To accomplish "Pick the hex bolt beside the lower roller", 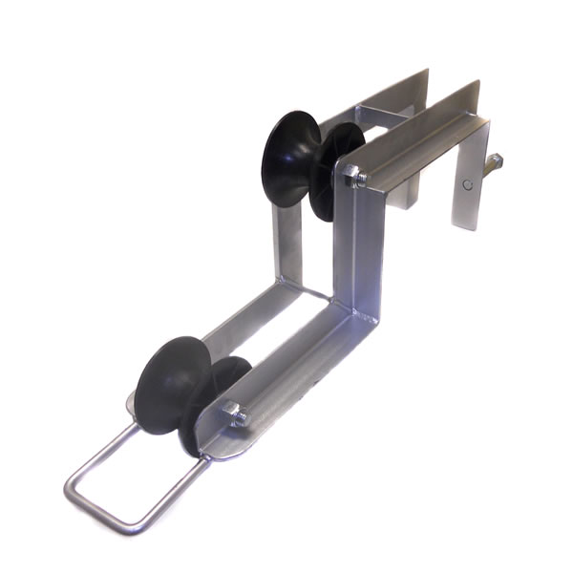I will [234, 414].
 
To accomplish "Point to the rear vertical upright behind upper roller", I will [286, 239].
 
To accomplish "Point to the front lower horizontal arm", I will [286, 382].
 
